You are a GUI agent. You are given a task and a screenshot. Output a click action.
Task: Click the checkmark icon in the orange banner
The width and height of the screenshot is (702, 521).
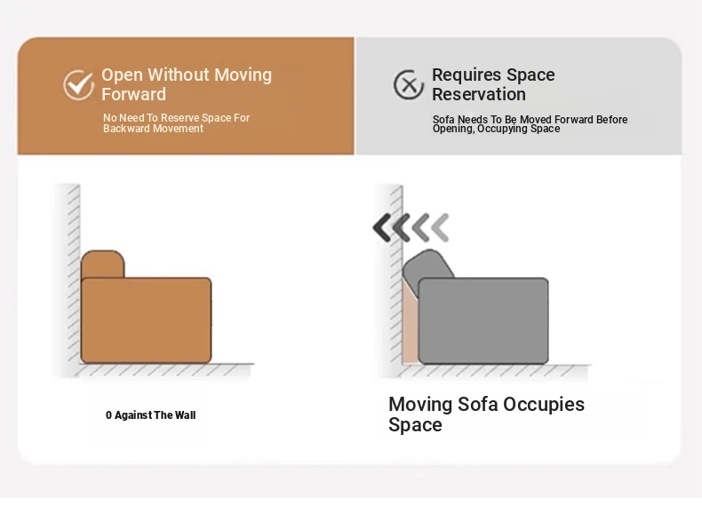(x=79, y=84)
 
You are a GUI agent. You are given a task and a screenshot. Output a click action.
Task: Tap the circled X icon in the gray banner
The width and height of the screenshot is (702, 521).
(x=408, y=84)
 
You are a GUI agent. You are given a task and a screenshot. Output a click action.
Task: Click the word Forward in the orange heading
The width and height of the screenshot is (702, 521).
(x=133, y=94)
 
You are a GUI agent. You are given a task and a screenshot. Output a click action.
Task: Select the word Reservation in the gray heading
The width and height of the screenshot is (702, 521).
(x=479, y=94)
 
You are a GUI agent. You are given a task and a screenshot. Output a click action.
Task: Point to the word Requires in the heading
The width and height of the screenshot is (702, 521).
(x=467, y=75)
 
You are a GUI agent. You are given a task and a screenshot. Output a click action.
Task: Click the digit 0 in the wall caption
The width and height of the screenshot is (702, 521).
(x=108, y=415)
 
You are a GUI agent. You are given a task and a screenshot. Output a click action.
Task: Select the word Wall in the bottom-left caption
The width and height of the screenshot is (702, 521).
(x=186, y=415)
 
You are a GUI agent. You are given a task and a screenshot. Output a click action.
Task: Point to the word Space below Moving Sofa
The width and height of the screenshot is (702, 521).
(x=415, y=425)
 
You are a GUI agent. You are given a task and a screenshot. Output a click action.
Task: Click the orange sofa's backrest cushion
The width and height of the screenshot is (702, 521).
(x=102, y=264)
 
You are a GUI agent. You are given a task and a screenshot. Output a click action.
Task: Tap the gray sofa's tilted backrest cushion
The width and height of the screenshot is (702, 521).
(x=428, y=271)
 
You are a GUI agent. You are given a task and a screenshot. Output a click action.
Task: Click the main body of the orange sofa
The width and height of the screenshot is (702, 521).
(x=146, y=320)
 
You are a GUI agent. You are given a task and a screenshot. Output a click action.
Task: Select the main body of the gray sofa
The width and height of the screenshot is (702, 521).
(x=483, y=320)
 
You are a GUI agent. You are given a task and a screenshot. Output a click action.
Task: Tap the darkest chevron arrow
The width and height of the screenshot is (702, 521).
(x=382, y=227)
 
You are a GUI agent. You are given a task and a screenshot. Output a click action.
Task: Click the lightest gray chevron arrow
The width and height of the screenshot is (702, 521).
(x=441, y=227)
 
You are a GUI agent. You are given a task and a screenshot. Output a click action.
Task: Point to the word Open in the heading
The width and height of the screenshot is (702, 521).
(x=123, y=75)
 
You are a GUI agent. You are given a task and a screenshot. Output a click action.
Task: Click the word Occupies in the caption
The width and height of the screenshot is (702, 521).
(x=544, y=405)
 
